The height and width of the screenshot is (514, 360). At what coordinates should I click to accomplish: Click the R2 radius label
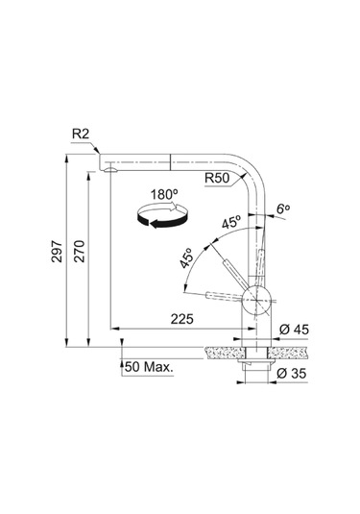click(x=81, y=135)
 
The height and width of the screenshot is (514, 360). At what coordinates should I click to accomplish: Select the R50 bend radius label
click(x=217, y=178)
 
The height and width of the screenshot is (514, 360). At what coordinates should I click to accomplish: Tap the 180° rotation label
click(x=164, y=194)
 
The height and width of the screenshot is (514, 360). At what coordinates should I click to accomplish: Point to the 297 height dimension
click(x=57, y=252)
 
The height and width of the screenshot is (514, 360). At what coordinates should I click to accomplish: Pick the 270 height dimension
click(x=80, y=252)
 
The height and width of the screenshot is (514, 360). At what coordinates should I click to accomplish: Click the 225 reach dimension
click(x=182, y=319)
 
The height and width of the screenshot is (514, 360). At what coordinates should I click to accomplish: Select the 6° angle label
click(x=283, y=208)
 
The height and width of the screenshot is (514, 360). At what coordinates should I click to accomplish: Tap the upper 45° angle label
click(x=231, y=223)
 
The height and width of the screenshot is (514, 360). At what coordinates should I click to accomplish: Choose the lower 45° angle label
click(x=186, y=257)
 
